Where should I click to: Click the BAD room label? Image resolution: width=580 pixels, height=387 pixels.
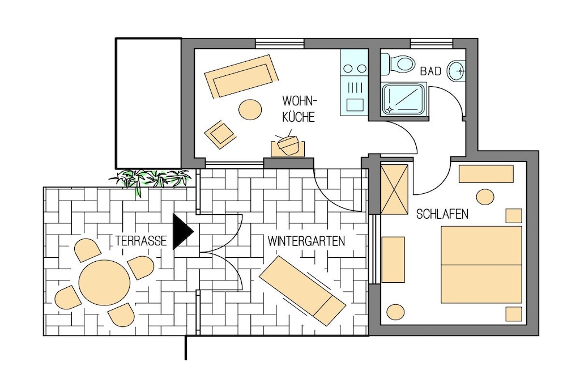click(431, 71)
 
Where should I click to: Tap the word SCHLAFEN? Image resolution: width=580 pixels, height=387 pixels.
click(442, 214)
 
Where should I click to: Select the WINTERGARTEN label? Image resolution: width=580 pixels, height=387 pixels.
click(306, 241)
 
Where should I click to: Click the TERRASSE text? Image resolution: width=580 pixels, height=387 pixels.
click(141, 241)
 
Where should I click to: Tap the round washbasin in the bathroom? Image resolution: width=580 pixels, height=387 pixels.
click(457, 70)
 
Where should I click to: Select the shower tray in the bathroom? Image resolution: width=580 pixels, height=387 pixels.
click(404, 99)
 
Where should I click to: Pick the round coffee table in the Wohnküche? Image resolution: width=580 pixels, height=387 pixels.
click(250, 109)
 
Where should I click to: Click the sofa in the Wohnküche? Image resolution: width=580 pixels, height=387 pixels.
click(241, 76)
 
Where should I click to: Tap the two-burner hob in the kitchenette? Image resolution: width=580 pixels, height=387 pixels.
click(355, 69)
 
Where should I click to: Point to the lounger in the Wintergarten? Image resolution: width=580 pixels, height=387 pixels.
click(302, 291)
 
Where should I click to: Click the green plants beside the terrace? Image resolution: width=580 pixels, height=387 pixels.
click(151, 180)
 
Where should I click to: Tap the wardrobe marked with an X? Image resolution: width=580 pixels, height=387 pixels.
click(394, 190)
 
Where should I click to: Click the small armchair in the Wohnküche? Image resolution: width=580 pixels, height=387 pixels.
click(220, 134)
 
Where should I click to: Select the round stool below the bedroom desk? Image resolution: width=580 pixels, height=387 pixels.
click(485, 197)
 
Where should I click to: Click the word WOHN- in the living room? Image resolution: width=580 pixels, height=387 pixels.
click(300, 101)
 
